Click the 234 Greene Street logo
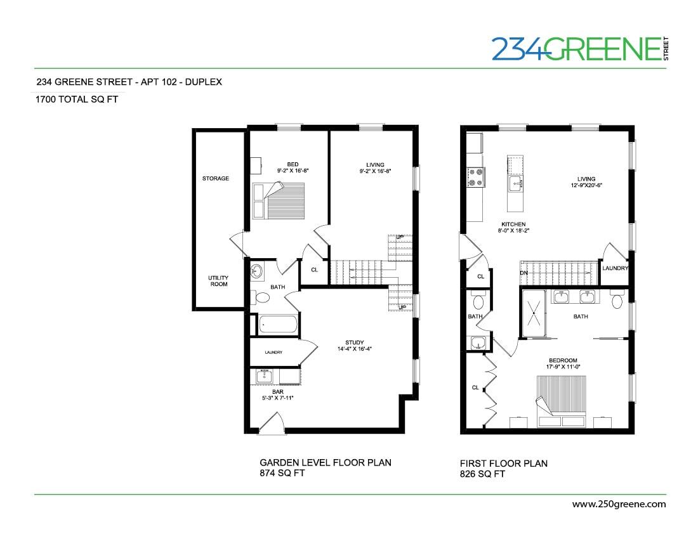(x=581, y=48)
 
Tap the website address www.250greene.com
(x=619, y=504)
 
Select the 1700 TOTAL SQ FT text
(x=77, y=99)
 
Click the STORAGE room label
(x=216, y=179)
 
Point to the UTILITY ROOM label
(x=218, y=281)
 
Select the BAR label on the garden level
(x=277, y=392)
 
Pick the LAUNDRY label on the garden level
(x=273, y=353)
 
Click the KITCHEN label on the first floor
(x=513, y=224)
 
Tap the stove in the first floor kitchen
(x=475, y=177)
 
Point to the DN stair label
(x=524, y=273)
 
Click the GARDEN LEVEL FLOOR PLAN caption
(x=326, y=463)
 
